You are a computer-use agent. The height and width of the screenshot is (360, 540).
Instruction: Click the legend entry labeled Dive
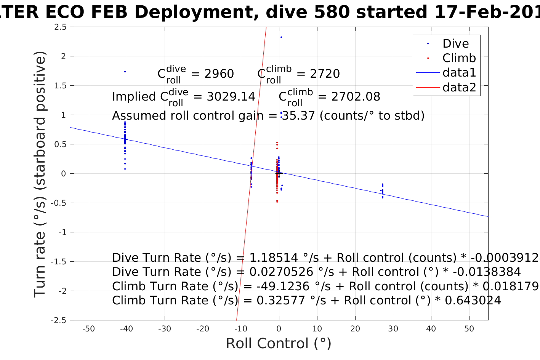455,44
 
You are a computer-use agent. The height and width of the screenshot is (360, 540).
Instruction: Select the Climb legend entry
459,58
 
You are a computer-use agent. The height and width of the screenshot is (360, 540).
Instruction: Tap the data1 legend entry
459,73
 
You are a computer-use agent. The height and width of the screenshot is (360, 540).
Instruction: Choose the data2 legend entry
459,87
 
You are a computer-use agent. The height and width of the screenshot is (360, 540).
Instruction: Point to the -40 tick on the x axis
127,329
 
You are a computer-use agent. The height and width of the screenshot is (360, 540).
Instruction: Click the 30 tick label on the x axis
393,329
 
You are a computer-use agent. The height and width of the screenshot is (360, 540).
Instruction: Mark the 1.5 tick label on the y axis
61,86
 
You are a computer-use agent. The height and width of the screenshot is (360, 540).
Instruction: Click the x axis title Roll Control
279,344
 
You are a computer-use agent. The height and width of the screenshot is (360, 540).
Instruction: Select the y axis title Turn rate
40,174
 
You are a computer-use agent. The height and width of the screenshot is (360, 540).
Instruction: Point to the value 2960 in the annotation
219,74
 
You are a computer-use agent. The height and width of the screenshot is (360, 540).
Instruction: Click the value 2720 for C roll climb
325,74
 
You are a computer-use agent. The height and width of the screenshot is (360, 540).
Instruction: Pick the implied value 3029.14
231,97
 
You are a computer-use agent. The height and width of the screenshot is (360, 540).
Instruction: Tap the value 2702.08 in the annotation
356,97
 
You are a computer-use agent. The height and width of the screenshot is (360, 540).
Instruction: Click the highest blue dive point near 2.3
281,37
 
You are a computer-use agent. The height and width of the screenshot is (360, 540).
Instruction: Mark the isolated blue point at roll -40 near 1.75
125,72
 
